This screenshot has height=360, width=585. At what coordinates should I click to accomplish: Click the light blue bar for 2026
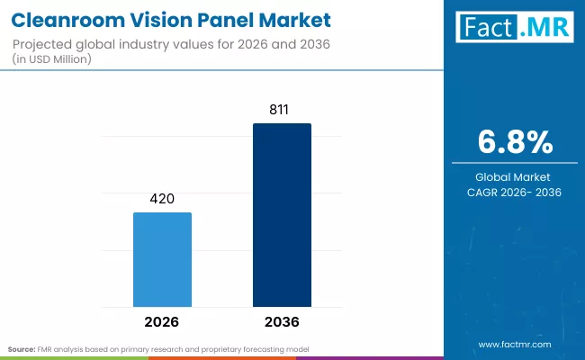[x=162, y=259]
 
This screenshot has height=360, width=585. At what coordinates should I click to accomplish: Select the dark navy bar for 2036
[x=282, y=215]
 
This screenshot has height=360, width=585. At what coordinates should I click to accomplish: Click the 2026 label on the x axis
[x=162, y=321]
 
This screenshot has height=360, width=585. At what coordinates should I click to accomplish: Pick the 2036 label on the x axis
[x=282, y=321]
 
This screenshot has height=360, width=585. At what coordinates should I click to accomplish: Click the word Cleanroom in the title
[x=61, y=18]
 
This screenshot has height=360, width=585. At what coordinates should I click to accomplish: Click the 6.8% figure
[x=514, y=141]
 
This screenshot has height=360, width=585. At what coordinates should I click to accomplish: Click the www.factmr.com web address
[x=514, y=345]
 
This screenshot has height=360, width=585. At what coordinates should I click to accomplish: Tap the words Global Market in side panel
[x=514, y=176]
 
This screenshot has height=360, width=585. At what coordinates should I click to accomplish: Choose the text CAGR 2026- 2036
[x=514, y=192]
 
